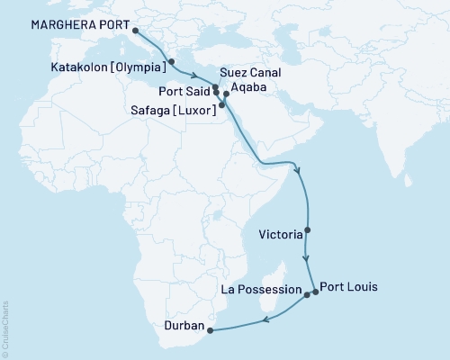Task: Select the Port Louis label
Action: tap(348, 288)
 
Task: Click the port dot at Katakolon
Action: tap(171, 62)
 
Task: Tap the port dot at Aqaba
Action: tap(226, 94)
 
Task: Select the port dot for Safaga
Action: tap(221, 106)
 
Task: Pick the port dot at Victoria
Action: tap(308, 229)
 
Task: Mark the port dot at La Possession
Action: tap(307, 294)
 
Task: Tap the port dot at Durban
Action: tap(211, 330)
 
